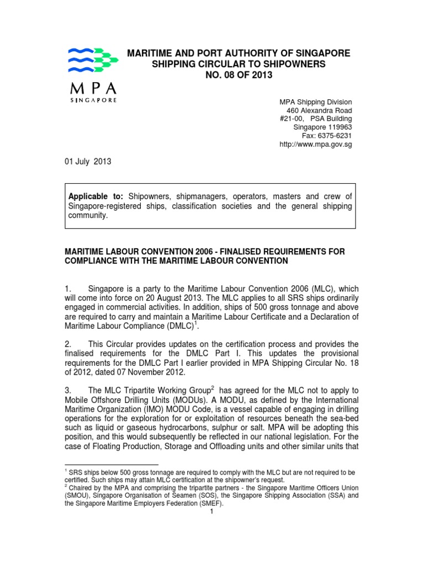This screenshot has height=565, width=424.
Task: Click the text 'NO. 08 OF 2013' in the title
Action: point(239,76)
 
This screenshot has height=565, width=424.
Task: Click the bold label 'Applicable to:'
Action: point(97,196)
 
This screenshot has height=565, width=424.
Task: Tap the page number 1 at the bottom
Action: point(211,511)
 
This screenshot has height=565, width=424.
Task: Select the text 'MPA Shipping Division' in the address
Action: point(315,102)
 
